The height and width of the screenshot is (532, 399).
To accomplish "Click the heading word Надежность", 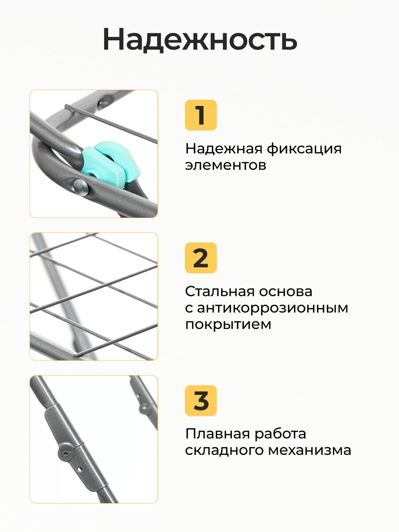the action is [200, 39].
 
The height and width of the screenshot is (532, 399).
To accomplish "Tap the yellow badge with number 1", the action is [200, 115].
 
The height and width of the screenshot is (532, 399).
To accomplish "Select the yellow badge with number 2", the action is [200, 258].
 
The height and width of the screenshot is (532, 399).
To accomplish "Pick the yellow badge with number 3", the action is [200, 401].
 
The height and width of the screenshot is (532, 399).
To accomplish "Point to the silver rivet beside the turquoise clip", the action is [81, 187].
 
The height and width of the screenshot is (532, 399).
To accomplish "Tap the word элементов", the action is [226, 165].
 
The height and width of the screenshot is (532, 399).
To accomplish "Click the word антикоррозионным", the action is [272, 308].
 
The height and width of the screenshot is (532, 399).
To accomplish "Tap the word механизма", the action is [309, 451].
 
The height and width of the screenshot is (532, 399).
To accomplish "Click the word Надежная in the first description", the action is [224, 149].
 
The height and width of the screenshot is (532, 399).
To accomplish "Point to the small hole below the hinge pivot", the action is [80, 469].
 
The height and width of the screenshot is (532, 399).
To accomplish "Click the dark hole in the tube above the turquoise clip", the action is [103, 103].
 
